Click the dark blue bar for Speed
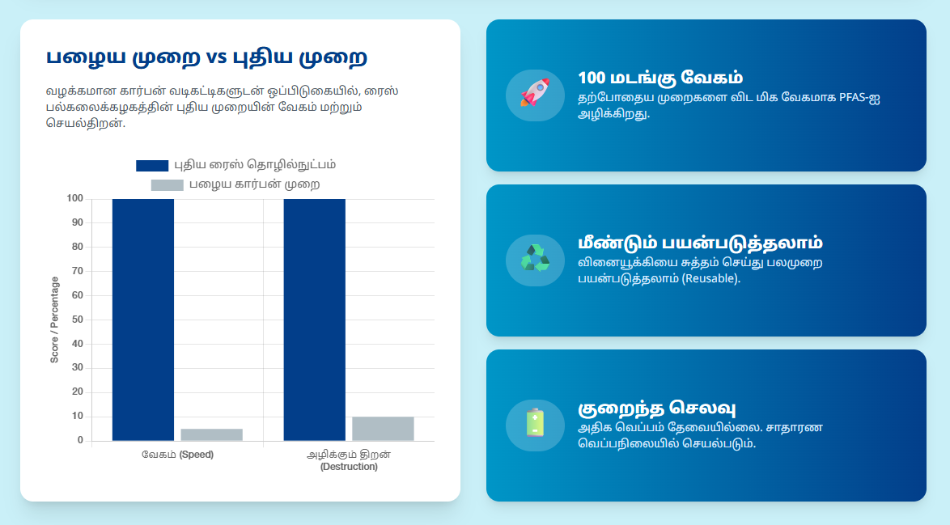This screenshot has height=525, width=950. point(142,320)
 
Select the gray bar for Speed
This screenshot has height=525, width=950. point(211,434)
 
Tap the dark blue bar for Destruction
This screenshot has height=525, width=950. point(314,320)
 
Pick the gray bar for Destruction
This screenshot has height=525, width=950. point(383,429)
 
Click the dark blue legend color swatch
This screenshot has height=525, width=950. point(152,165)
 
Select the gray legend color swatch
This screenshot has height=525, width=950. point(168,185)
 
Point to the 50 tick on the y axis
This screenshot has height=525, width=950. point(78,320)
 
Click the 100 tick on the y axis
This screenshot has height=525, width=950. point(74,198)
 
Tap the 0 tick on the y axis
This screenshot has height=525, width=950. point(80,440)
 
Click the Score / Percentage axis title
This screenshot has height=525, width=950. point(55,320)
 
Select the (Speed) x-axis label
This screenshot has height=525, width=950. point(196,455)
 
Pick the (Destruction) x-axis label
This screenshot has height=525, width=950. point(349,467)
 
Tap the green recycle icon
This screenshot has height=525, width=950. point(534,260)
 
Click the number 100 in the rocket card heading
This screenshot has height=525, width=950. point(592,78)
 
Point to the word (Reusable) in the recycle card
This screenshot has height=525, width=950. point(710,278)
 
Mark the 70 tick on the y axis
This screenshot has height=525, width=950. point(78,271)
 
